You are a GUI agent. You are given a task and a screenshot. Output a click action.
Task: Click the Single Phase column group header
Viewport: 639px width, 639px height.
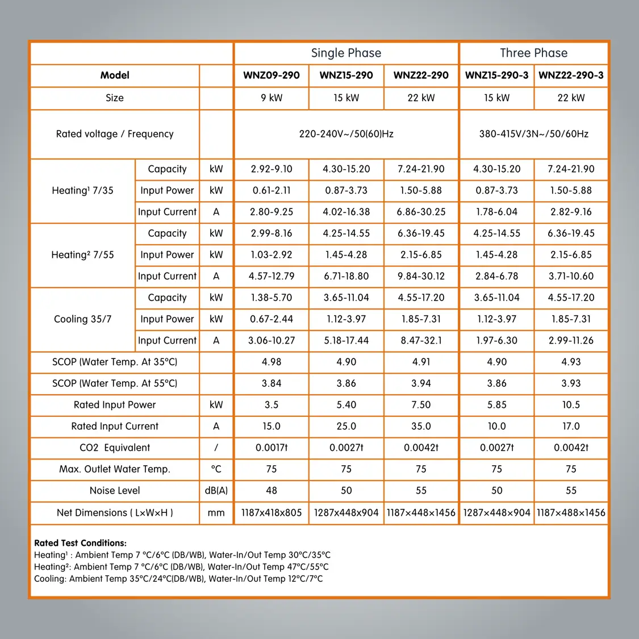[346, 53]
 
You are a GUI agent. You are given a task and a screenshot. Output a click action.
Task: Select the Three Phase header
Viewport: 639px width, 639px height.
[533, 53]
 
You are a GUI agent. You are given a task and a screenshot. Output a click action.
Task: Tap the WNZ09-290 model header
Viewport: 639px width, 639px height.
[272, 76]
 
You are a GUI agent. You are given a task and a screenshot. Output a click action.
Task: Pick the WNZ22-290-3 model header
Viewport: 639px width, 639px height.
[571, 76]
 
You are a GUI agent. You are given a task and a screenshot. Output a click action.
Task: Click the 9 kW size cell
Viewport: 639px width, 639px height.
[272, 98]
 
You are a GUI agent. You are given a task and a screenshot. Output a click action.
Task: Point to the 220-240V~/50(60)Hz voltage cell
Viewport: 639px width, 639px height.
[346, 134]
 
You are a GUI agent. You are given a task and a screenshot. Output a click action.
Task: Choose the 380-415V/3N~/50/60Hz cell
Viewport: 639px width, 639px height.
[533, 134]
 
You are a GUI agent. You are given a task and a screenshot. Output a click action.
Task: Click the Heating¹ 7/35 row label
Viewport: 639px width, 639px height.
[82, 191]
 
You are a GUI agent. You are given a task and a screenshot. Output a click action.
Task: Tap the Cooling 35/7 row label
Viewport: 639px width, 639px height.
[82, 319]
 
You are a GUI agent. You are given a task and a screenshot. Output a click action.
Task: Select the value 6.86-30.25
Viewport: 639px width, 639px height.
[421, 212]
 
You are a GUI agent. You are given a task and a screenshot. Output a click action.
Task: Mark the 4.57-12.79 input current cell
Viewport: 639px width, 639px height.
[272, 276]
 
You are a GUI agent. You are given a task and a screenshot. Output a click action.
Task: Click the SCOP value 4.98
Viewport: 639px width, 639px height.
[272, 362]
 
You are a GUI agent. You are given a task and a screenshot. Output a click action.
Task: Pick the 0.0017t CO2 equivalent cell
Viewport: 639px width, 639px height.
[272, 448]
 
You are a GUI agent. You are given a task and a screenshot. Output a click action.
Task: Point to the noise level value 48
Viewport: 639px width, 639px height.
[272, 490]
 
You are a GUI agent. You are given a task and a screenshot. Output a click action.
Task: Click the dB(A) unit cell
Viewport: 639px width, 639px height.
[216, 490]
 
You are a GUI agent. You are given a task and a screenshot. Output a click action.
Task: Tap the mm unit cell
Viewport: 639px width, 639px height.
[216, 512]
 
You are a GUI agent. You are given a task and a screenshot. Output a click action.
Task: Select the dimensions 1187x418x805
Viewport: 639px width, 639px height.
[272, 512]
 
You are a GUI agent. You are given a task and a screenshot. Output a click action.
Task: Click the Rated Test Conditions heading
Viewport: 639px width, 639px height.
[80, 543]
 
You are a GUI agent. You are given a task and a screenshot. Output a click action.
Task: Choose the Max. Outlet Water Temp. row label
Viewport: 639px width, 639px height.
[115, 469]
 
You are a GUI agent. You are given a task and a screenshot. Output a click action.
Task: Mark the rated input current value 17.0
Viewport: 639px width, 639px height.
[571, 426]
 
